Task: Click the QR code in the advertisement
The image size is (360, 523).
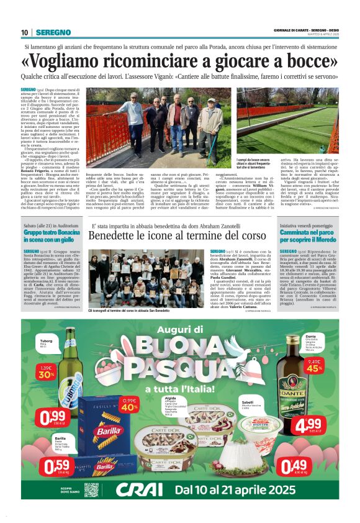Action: point(91,489)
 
